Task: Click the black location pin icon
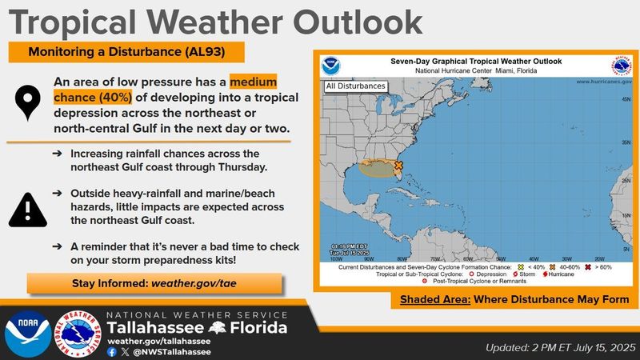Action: coord(28,105)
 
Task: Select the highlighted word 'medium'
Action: coord(253,82)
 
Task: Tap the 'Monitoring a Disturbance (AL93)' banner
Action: coord(126,53)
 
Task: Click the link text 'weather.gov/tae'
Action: coord(198,283)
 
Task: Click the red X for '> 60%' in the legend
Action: coord(589,266)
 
